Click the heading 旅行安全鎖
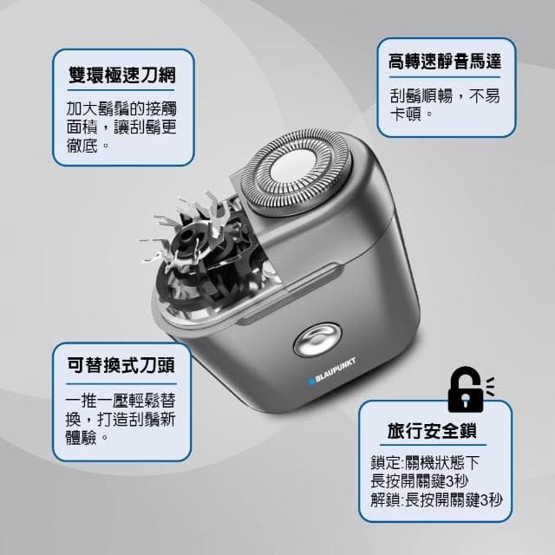437,430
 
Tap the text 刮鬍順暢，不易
445,97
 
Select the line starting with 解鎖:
436,500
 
